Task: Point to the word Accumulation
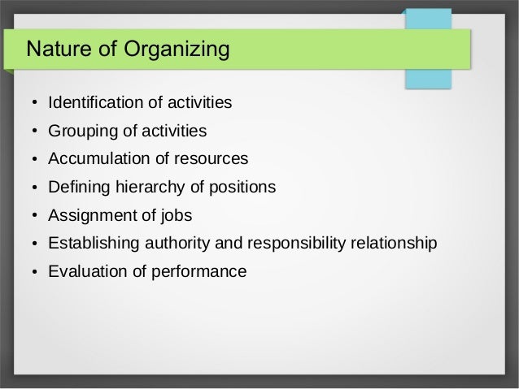(96, 159)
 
